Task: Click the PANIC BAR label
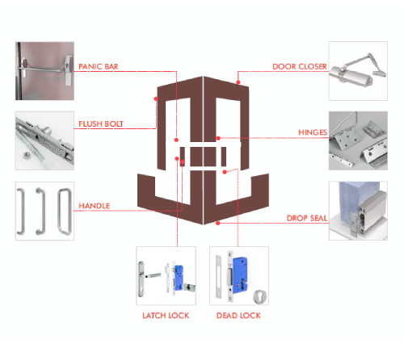(99, 66)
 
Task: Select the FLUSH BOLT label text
(101, 123)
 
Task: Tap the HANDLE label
(95, 206)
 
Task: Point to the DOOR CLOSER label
(300, 66)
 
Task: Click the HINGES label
(313, 132)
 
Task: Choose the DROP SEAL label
(307, 218)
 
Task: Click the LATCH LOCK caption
(166, 316)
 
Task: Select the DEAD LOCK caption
(238, 316)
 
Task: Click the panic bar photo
(44, 71)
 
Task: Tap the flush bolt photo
(44, 140)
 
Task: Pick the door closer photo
(358, 71)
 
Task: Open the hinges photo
(358, 140)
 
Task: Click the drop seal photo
(358, 211)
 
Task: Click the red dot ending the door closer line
(238, 82)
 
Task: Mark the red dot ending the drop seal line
(218, 223)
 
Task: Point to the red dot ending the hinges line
(218, 138)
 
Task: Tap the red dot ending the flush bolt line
(156, 98)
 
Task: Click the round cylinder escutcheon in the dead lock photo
(260, 296)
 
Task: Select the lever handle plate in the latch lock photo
(141, 279)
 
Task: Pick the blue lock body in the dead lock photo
(239, 274)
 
